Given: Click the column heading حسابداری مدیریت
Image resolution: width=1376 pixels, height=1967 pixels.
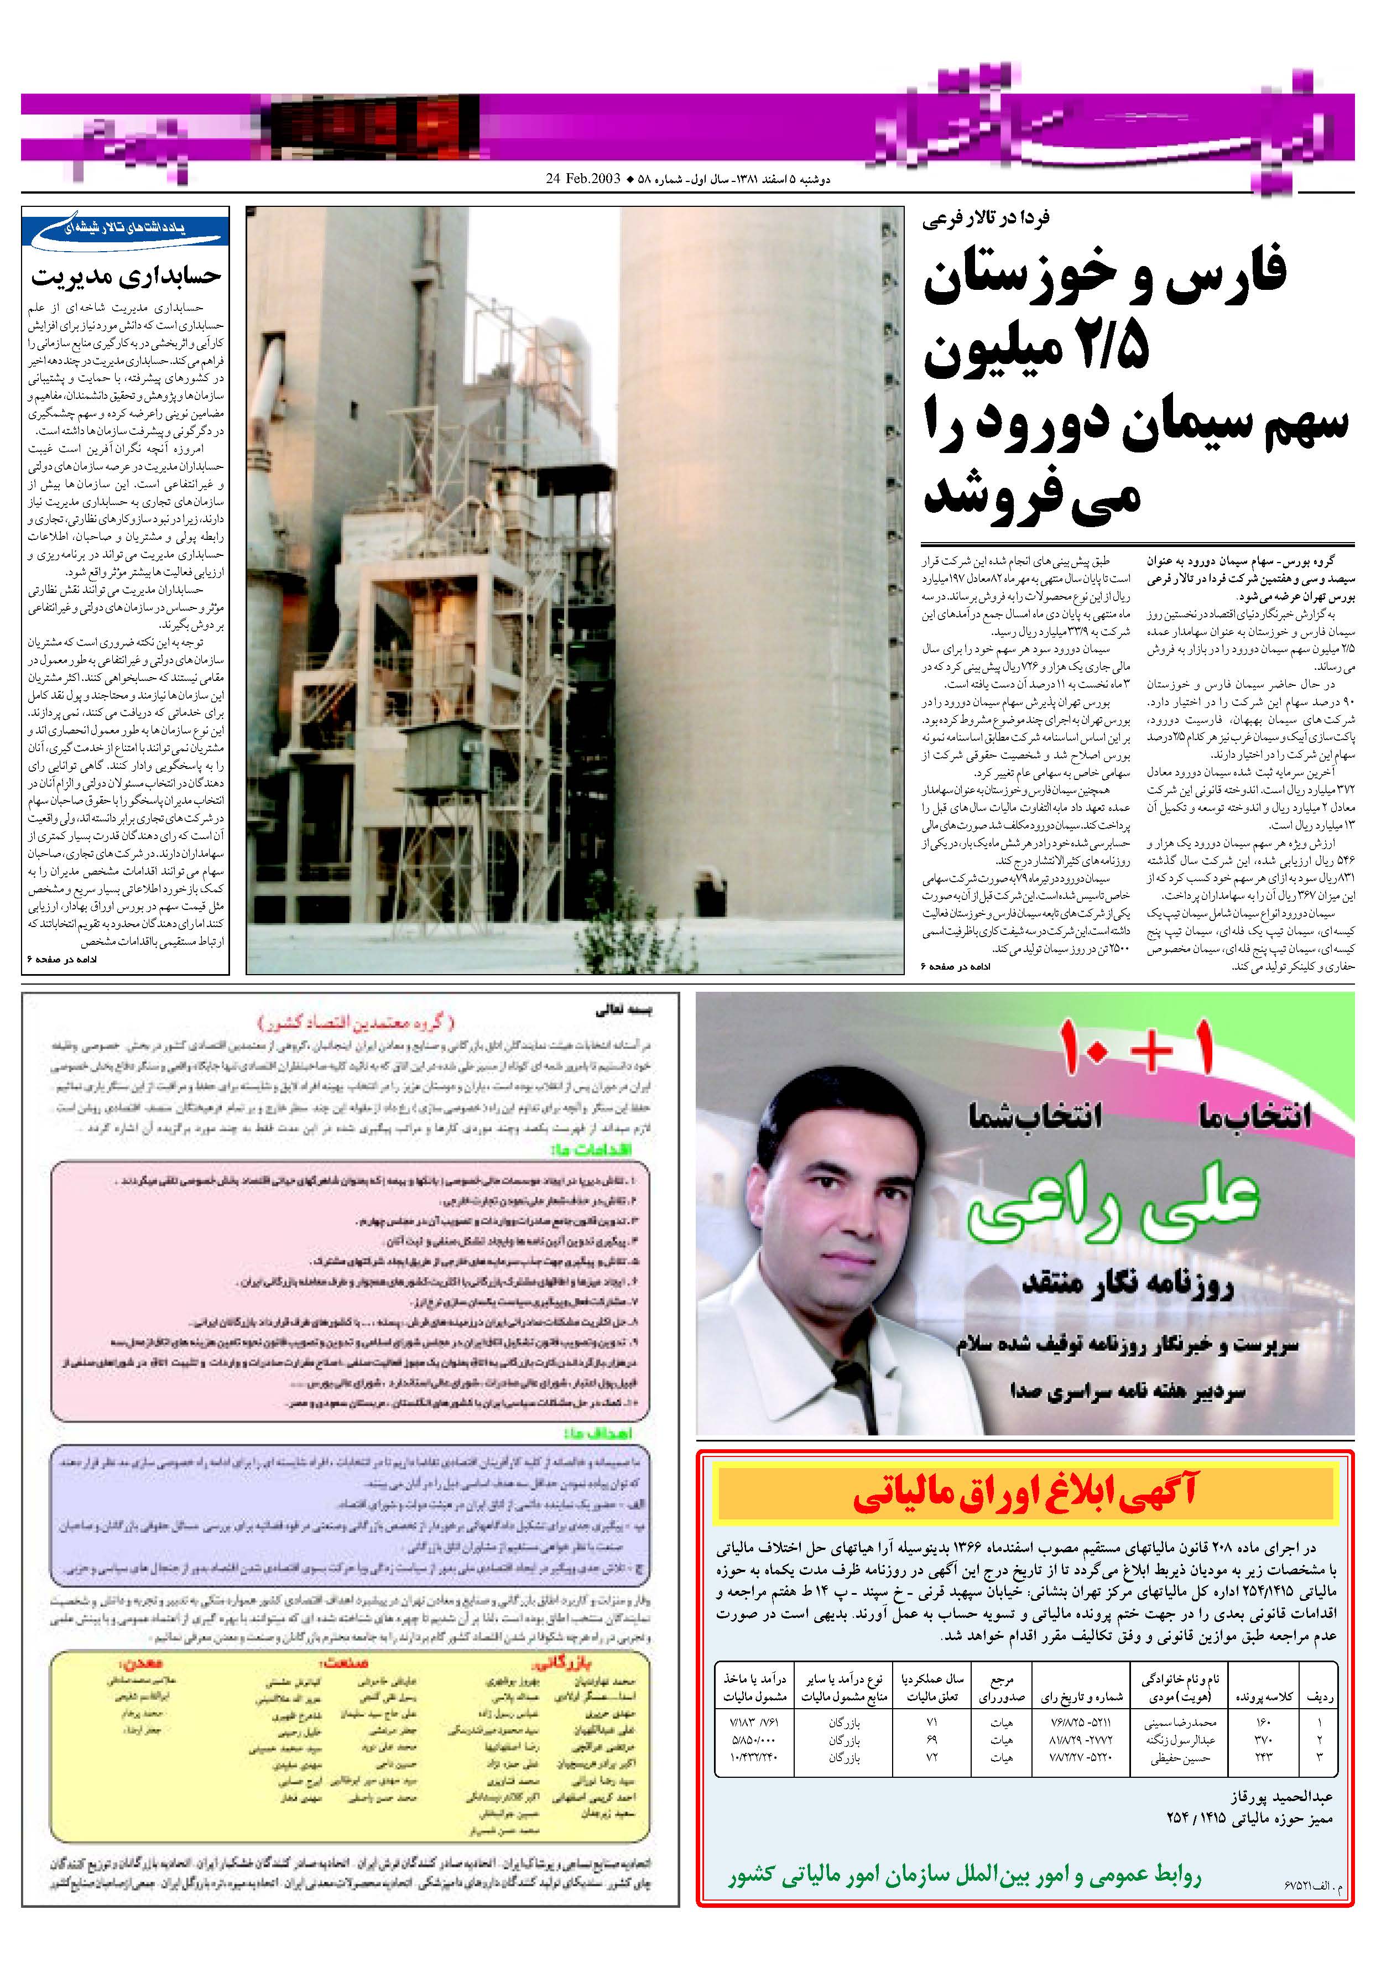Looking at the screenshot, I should click(x=126, y=276).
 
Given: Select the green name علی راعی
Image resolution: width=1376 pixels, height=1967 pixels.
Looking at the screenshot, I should click(x=1114, y=1209).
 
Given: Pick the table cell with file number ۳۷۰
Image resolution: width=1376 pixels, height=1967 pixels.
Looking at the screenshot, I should click(x=1262, y=1740).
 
